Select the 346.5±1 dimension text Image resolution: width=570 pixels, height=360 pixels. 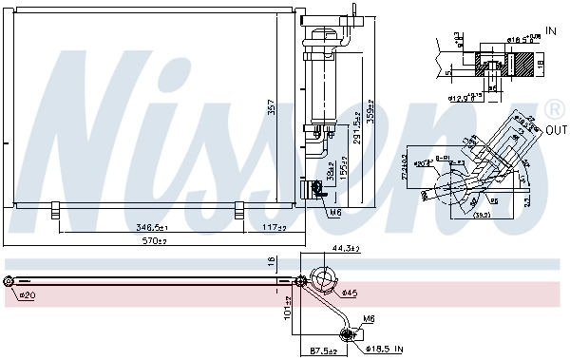click(152, 228)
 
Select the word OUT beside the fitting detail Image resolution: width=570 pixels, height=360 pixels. click(555, 129)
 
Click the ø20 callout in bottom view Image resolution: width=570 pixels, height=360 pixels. click(26, 295)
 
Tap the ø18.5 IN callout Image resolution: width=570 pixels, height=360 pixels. click(385, 351)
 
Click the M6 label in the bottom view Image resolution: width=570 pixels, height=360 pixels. click(367, 320)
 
